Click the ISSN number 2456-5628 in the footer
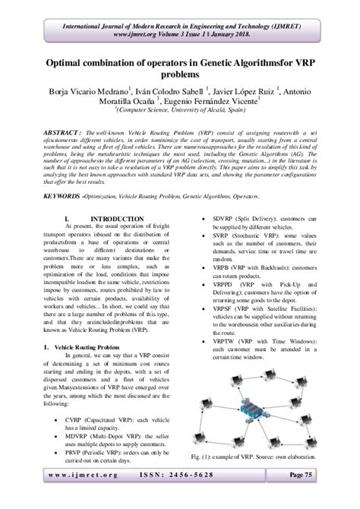click(181, 494)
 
